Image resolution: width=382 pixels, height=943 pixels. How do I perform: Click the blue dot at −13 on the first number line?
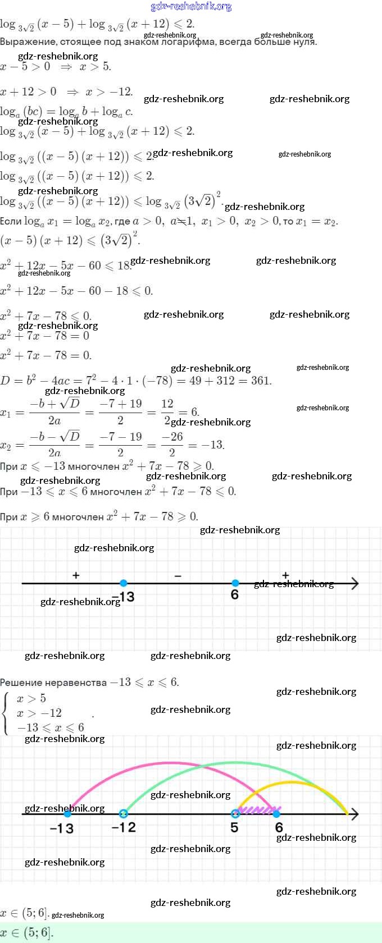coord(124,583)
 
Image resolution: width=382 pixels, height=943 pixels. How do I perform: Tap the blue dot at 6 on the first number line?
coord(235,583)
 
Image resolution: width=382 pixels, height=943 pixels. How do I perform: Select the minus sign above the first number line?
coord(178,576)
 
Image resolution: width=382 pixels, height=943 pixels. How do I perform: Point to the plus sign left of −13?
coord(76,575)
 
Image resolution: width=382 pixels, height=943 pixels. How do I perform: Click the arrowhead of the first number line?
coord(354,584)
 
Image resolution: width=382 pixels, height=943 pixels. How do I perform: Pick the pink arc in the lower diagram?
coord(169,763)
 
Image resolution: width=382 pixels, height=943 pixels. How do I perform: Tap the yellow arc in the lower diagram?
coord(292,782)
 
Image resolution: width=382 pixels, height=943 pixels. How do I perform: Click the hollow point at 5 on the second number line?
coord(235,813)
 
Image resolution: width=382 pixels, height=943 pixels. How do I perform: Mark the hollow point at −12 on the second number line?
coord(124,813)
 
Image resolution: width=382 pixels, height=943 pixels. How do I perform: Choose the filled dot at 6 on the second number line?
coord(276,813)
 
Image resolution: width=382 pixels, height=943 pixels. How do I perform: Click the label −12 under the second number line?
coord(124,827)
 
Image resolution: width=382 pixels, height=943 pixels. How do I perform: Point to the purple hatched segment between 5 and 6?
coord(256,810)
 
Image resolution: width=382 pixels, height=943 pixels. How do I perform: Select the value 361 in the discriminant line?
coord(261,381)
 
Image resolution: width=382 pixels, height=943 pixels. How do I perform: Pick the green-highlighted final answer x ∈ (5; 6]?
coord(27,933)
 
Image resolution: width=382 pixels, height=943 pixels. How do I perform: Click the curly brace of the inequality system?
coord(6,713)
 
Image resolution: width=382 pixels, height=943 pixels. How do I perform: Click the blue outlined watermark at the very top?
coord(191,6)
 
